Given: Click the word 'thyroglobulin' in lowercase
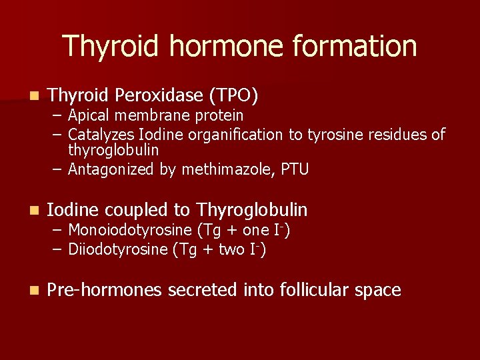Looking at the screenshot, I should coord(113,151).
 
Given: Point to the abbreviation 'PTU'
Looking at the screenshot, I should coord(294,169).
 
